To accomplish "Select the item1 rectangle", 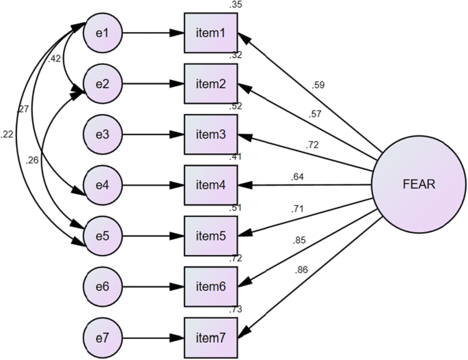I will point(210,33).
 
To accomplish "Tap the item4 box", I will point(210,185).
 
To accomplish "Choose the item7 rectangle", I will point(210,337).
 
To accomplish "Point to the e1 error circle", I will point(102,33).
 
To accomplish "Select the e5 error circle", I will point(102,236).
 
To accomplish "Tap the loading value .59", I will point(318,85).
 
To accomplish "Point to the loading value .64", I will point(297,177).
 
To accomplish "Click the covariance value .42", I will point(55,59).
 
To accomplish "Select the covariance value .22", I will point(8,135).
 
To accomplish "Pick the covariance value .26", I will point(32,161).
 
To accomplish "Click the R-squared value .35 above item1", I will point(236,5).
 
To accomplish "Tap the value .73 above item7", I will point(236,310).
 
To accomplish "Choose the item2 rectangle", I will point(210,84).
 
